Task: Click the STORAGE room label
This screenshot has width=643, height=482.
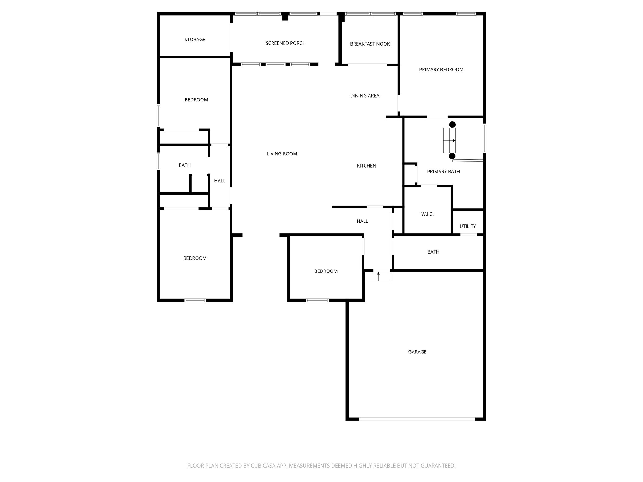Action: pyautogui.click(x=195, y=40)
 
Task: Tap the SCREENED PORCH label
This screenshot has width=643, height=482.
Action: pyautogui.click(x=285, y=43)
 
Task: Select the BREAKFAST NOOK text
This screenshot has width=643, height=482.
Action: pyautogui.click(x=370, y=44)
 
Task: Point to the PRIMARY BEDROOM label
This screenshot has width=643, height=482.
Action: pyautogui.click(x=441, y=70)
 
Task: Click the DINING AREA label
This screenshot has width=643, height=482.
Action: pyautogui.click(x=365, y=96)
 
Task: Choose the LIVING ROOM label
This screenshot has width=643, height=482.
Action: pyautogui.click(x=282, y=154)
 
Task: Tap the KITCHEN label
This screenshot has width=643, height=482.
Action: pyautogui.click(x=366, y=166)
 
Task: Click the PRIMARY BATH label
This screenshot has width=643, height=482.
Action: pyautogui.click(x=443, y=172)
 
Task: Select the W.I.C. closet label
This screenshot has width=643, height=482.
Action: pyautogui.click(x=427, y=214)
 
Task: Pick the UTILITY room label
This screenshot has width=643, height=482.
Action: pyautogui.click(x=467, y=226)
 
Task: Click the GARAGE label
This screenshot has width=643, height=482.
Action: pyautogui.click(x=417, y=352)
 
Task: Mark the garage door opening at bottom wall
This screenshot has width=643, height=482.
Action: pyautogui.click(x=417, y=419)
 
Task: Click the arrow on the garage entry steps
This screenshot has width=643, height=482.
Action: pyautogui.click(x=378, y=274)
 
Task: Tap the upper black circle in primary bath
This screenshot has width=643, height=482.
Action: pyautogui.click(x=452, y=125)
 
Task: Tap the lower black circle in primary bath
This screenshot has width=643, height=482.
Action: pyautogui.click(x=452, y=156)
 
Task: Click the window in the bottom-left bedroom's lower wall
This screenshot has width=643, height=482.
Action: pyautogui.click(x=195, y=300)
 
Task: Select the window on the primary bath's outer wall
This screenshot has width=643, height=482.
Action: pyautogui.click(x=484, y=138)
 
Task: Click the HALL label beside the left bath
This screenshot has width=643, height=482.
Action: pyautogui.click(x=220, y=181)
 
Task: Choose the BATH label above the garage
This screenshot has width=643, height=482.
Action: pyautogui.click(x=433, y=252)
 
